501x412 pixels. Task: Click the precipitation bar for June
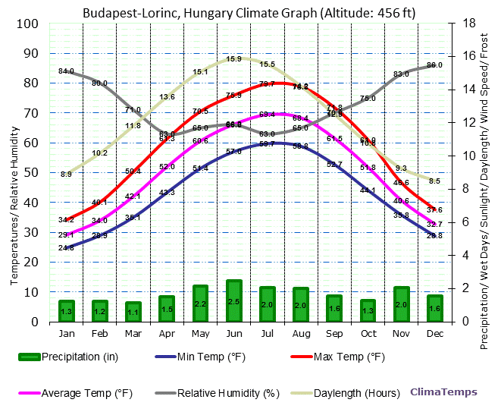click(234, 300)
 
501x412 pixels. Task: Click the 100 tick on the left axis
click(28, 24)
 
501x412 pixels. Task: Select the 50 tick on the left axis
click(31, 172)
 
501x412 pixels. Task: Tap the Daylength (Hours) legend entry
click(356, 393)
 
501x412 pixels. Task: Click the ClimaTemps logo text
click(444, 392)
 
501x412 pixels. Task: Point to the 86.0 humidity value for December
click(434, 65)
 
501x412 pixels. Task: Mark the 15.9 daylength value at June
click(234, 59)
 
